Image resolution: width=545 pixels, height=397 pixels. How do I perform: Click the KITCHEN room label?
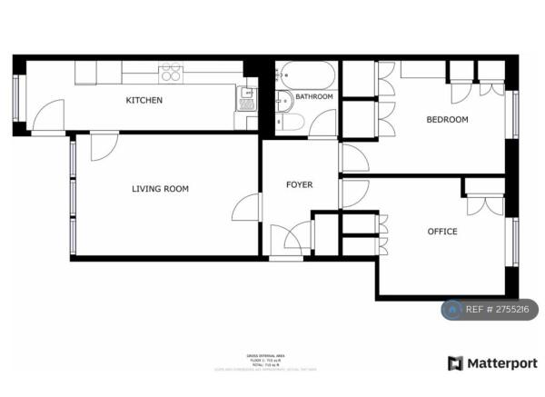point(144,100)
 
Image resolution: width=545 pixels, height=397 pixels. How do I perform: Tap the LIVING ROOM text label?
point(160,189)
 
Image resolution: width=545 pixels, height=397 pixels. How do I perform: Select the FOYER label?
point(299,184)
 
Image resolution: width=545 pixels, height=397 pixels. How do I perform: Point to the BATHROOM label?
point(313,96)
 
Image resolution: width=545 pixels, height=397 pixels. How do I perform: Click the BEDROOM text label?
point(447,120)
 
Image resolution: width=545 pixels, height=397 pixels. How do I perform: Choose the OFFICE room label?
point(442,232)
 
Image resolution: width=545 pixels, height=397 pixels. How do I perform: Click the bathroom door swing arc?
point(324,124)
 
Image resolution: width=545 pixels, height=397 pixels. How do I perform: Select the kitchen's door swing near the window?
point(48,115)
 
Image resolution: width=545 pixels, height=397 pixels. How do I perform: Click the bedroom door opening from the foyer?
point(354,158)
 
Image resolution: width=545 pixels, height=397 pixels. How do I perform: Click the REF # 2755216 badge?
point(490,310)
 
